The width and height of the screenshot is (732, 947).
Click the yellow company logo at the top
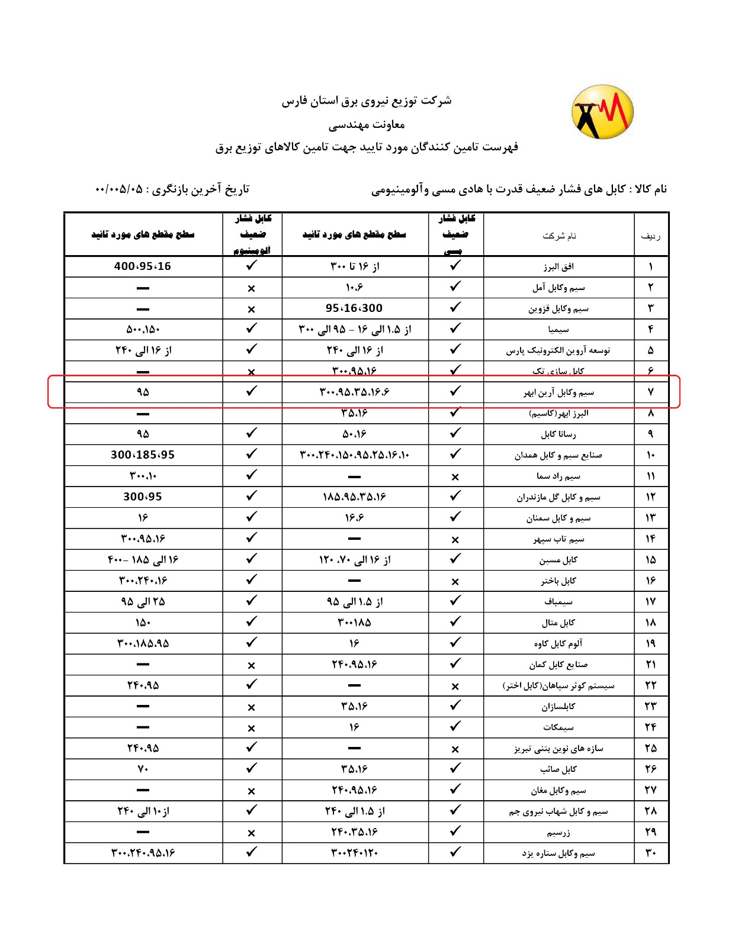pyautogui.click(x=602, y=112)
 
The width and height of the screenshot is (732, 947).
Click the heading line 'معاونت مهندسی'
pyautogui.click(x=367, y=124)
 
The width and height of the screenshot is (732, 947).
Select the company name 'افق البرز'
pyautogui.click(x=558, y=267)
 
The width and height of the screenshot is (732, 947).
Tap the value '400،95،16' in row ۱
pyautogui.click(x=143, y=266)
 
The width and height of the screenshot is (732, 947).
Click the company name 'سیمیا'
pyautogui.click(x=558, y=330)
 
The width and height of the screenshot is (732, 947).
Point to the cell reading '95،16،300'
pyautogui.click(x=354, y=308)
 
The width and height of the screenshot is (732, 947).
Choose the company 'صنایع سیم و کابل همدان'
pyautogui.click(x=558, y=455)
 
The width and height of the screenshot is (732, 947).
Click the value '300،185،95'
pyautogui.click(x=143, y=455)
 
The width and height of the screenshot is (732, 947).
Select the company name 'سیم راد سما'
pyautogui.click(x=558, y=476)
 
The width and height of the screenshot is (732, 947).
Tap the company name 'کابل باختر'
pyautogui.click(x=558, y=581)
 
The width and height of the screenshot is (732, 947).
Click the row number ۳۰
pyautogui.click(x=650, y=853)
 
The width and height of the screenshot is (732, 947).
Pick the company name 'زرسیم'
pyautogui.click(x=558, y=833)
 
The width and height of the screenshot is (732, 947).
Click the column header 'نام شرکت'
pyautogui.click(x=558, y=236)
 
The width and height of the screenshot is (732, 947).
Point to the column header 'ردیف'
pyautogui.click(x=650, y=236)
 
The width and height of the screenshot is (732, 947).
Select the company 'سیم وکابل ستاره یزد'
pyautogui.click(x=558, y=853)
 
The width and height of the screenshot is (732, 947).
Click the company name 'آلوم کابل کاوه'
pyautogui.click(x=558, y=644)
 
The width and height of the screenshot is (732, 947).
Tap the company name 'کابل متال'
pyautogui.click(x=558, y=623)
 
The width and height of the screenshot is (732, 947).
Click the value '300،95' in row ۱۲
pyautogui.click(x=143, y=497)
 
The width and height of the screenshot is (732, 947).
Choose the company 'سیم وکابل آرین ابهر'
pyautogui.click(x=558, y=392)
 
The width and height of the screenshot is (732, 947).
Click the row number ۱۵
pyautogui.click(x=650, y=560)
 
